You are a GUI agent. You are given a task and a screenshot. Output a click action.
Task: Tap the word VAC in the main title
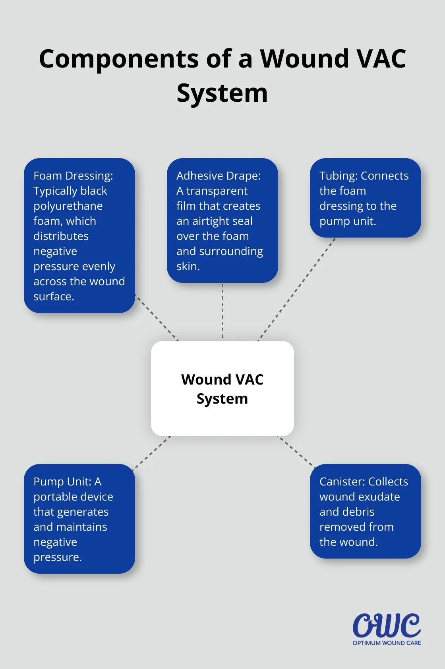click(x=381, y=59)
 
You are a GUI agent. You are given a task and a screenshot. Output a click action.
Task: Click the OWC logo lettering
click(x=386, y=626)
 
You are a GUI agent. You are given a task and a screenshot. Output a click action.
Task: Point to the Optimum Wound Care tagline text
click(x=387, y=643)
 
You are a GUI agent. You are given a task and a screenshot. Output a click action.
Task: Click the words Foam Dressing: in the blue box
click(x=73, y=176)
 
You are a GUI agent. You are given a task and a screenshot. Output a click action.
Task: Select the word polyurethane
click(x=68, y=206)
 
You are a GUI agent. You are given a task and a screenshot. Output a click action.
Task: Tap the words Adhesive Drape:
click(x=219, y=176)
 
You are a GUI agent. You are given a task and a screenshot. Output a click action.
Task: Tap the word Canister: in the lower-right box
click(x=342, y=481)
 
